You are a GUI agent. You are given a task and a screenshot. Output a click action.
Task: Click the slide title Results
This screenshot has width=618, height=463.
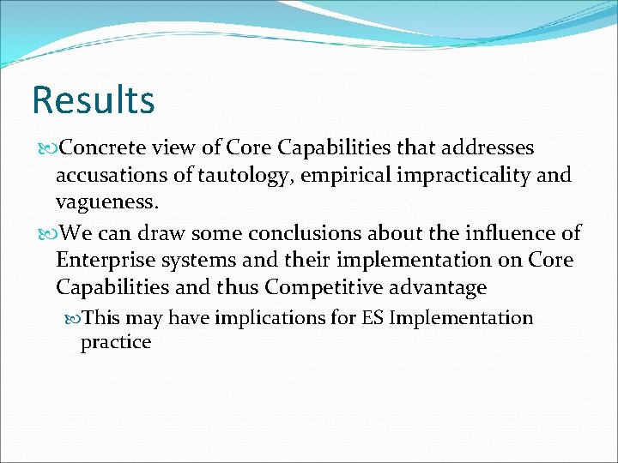pos(93,99)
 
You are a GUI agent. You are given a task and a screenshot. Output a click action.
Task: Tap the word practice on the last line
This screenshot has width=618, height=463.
pos(115,342)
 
